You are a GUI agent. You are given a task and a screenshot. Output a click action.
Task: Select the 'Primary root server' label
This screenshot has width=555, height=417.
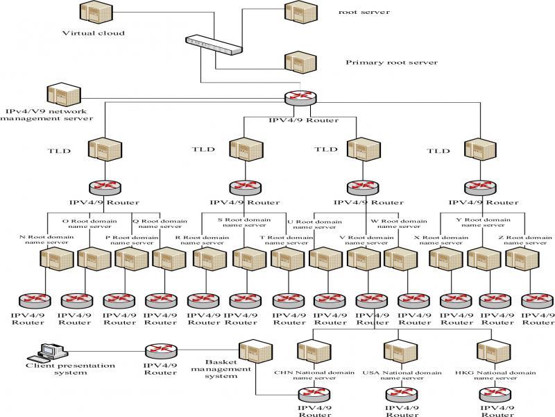[391, 63]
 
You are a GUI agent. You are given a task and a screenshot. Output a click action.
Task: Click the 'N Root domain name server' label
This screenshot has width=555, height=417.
[44, 240]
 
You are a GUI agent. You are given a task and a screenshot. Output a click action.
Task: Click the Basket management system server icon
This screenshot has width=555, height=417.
[250, 350]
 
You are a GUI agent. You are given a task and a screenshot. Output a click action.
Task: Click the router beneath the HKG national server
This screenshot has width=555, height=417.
[495, 393]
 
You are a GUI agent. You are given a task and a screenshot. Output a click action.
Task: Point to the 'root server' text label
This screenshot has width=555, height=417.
[364, 12]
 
